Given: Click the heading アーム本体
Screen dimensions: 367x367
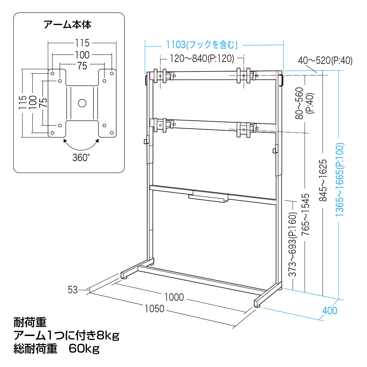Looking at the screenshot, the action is [x=67, y=25].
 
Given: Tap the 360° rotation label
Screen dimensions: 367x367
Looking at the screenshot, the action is [x=81, y=157].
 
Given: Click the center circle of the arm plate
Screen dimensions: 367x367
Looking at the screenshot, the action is [x=82, y=103].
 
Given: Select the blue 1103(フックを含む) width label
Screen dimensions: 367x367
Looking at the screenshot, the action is [x=202, y=45].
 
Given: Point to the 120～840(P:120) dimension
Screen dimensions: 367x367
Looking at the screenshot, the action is [x=202, y=58].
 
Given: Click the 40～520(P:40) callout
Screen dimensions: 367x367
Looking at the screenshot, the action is [x=325, y=60].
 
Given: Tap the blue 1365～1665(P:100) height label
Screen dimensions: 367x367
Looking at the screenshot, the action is [x=339, y=179].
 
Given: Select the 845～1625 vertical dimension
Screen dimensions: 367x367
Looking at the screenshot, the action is [x=323, y=180].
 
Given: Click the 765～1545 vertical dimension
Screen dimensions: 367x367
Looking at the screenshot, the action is [x=305, y=214].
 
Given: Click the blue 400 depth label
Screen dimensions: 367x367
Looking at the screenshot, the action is [x=330, y=311].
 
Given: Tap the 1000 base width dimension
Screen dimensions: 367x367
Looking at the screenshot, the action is [x=174, y=297].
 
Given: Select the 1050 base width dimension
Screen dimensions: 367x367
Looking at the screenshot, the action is [x=155, y=309].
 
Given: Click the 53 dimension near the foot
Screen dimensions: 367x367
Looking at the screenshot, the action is [x=73, y=290].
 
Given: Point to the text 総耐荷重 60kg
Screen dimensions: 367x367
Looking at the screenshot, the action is [x=56, y=349].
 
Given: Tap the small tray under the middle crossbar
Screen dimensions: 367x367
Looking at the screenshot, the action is [x=208, y=198].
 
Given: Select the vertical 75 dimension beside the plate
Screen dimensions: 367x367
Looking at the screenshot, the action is [x=44, y=103].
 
